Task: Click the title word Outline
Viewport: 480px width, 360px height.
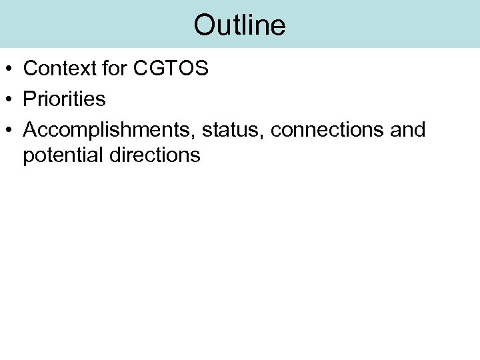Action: [239, 25]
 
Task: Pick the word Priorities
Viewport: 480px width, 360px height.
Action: [64, 99]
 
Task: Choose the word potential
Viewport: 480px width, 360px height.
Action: [64, 155]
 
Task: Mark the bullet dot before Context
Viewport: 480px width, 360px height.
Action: [9, 69]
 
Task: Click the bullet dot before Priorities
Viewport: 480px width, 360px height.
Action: [9, 100]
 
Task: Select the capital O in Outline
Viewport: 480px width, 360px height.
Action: [203, 25]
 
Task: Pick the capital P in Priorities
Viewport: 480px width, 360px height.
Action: [29, 99]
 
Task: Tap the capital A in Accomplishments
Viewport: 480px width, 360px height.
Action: [29, 130]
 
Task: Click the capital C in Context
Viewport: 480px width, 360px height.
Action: [30, 69]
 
